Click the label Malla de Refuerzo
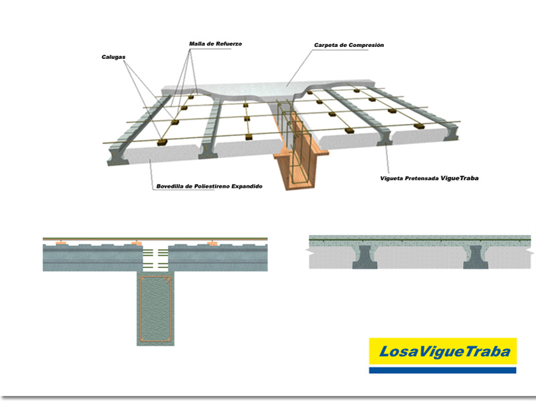(215, 44)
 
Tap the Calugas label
(113, 57)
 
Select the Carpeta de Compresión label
(349, 45)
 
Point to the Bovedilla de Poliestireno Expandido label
(209, 186)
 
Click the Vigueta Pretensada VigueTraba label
(429, 178)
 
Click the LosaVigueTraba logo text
(445, 351)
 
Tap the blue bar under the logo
(443, 371)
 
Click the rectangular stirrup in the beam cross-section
(155, 309)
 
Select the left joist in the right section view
(365, 257)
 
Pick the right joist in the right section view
(476, 257)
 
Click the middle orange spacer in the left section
(137, 243)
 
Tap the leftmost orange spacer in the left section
(61, 243)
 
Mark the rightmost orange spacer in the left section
(212, 243)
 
